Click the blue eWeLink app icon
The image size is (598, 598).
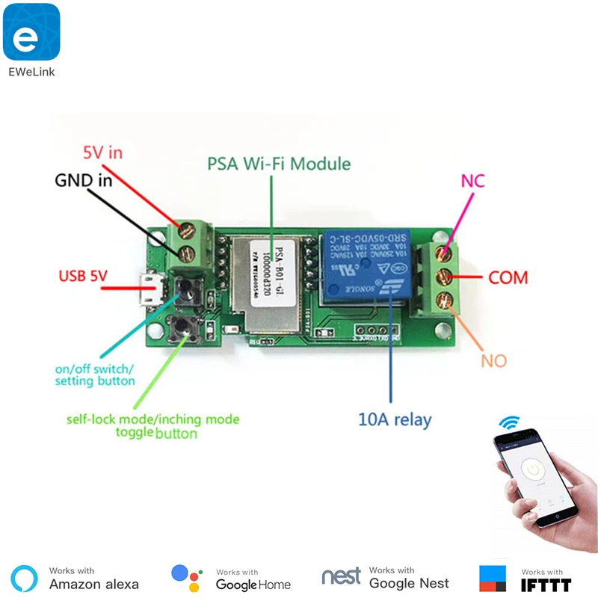[x=31, y=32]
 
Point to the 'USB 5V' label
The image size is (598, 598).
[x=83, y=277]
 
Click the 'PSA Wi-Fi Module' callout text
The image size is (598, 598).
[x=278, y=163]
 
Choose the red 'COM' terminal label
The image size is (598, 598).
[x=508, y=277]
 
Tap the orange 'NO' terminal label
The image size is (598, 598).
[x=493, y=361]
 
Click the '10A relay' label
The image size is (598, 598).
[x=395, y=419]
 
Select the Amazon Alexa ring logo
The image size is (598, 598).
[x=25, y=577]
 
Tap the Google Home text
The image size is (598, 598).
[x=253, y=584]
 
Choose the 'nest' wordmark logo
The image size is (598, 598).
[x=341, y=576]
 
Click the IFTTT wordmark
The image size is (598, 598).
[x=546, y=585]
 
